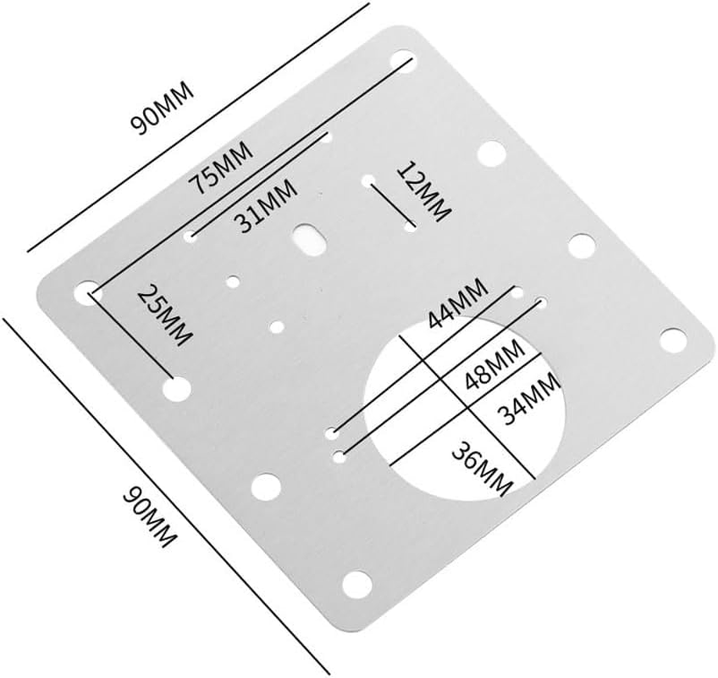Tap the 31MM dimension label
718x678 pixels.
266,205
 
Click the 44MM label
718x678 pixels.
457,305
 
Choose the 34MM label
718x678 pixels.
528,400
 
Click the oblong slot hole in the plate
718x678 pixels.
310,236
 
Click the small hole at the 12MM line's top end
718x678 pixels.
368,181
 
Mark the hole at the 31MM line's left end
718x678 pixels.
191,237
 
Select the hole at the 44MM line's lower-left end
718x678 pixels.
339,433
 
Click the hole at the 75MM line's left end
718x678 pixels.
86,292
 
